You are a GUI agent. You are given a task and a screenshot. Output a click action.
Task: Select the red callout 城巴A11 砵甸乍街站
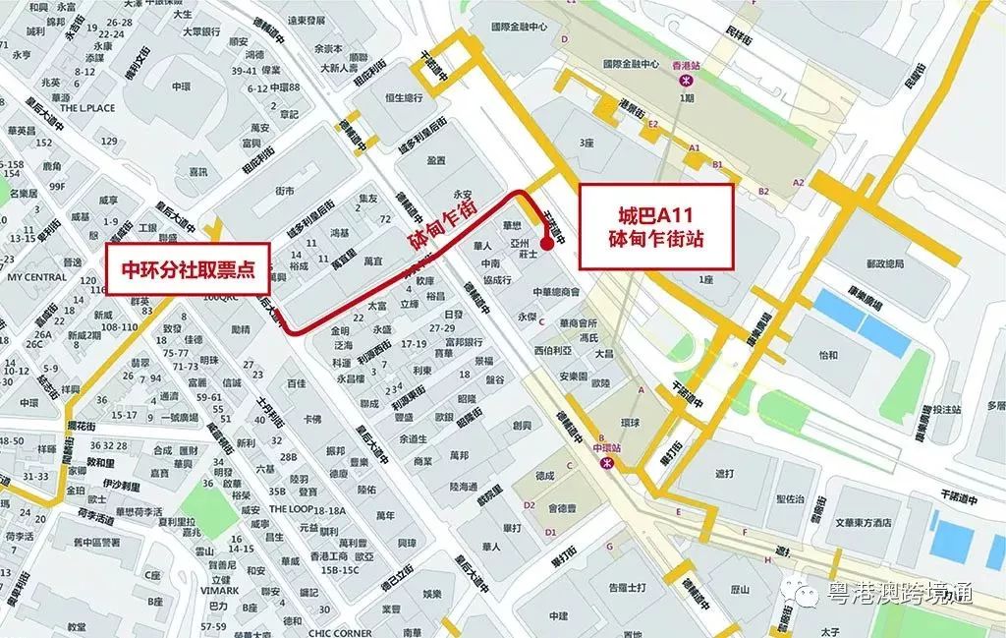tap(656, 227)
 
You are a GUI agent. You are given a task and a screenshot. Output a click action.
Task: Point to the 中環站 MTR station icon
tap(608, 461)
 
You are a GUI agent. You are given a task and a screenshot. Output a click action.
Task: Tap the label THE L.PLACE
tap(87, 108)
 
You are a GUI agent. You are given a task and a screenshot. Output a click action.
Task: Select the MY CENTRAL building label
tap(36, 277)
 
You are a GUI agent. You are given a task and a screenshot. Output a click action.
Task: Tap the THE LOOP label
tap(291, 509)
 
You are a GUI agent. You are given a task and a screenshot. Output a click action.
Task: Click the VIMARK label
tap(219, 591)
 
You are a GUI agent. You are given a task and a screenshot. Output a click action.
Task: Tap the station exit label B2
tap(763, 190)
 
